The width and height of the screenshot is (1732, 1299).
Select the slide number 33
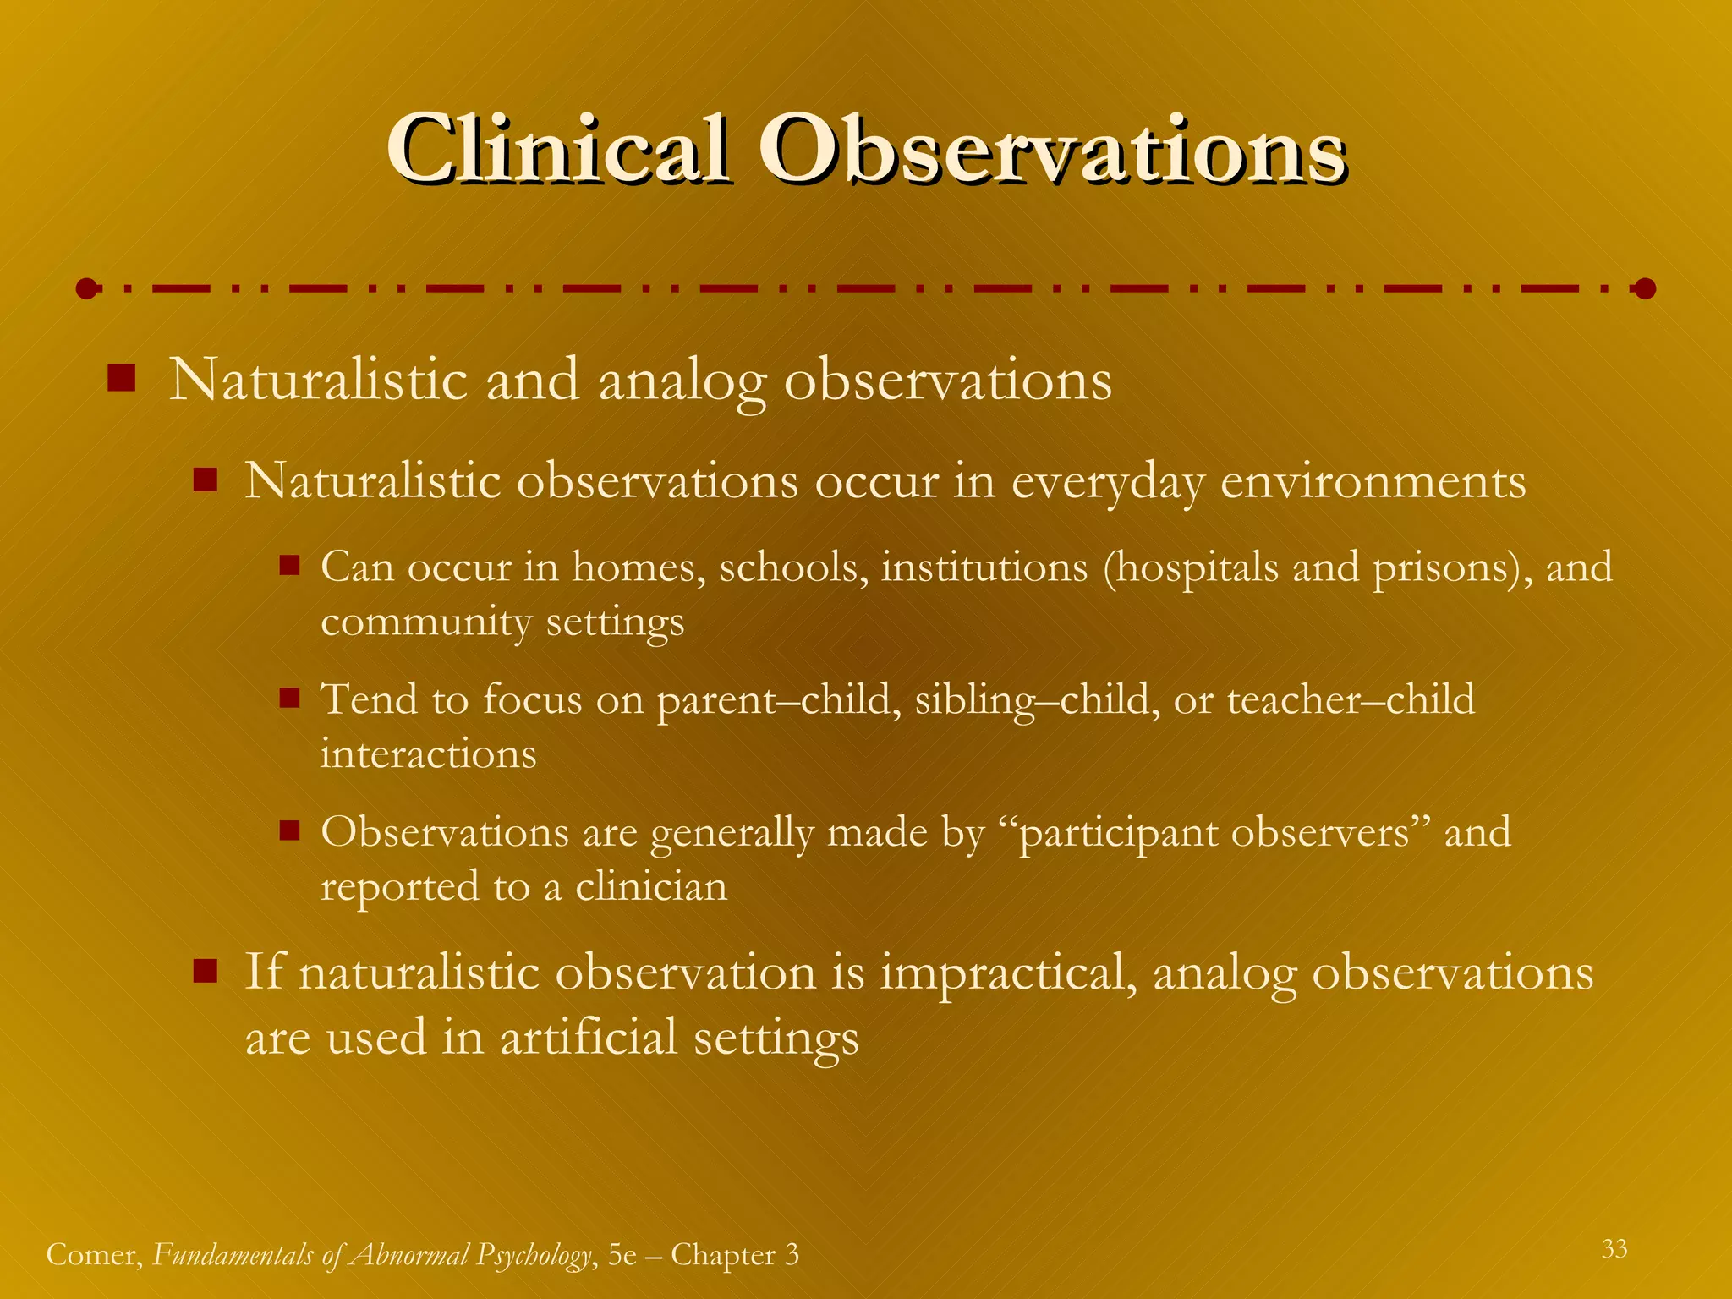(1614, 1249)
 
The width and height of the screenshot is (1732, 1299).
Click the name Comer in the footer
(94, 1255)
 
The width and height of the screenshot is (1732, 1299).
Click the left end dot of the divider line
(86, 289)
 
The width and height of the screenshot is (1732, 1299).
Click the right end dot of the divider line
(1645, 289)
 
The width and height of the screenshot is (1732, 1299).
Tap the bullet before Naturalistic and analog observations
(122, 378)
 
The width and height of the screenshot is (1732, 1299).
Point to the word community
(426, 623)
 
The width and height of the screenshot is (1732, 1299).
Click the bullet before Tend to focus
(290, 698)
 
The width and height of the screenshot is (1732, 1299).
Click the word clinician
(651, 886)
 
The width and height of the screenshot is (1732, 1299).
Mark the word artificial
(589, 1038)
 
